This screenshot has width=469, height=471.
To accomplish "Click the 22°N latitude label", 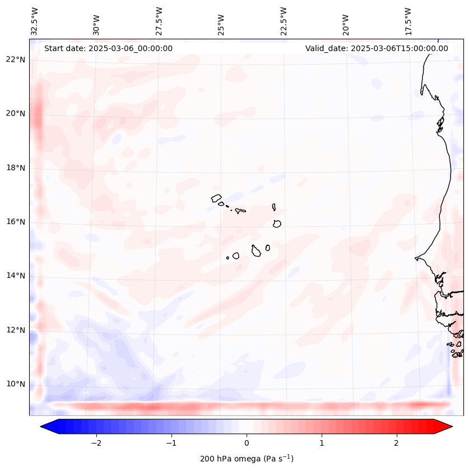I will coord(16,60).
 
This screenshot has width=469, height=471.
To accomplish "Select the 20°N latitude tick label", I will coord(16,113).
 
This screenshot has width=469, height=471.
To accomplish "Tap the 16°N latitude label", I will coord(16,222).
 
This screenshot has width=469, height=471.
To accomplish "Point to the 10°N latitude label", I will coord(16,384).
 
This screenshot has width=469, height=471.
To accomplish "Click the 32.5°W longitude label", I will coord(35,21).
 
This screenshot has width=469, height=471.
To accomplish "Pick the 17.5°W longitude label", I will coord(408,21).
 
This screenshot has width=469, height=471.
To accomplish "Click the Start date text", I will coord(108,48).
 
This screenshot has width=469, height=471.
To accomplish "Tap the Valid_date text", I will coord(377,48).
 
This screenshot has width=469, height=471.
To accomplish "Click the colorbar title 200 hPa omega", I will coord(247,459).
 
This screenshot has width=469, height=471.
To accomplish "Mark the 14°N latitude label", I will coord(16,276).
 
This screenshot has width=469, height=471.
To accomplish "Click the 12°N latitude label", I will coord(16,330).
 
